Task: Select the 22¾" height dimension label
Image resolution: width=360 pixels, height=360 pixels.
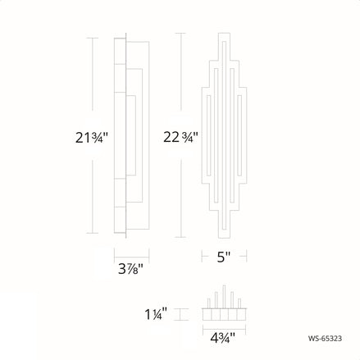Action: (x=179, y=137)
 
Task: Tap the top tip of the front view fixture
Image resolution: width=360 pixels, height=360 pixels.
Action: (x=223, y=35)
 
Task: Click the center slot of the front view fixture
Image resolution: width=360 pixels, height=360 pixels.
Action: (x=223, y=137)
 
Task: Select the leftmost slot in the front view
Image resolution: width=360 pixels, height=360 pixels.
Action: (x=209, y=137)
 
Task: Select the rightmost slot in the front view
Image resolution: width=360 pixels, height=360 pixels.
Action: (x=237, y=137)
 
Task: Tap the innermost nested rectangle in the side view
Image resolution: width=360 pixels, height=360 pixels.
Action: (x=132, y=137)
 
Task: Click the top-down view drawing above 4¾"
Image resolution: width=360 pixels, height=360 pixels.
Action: (x=223, y=312)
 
